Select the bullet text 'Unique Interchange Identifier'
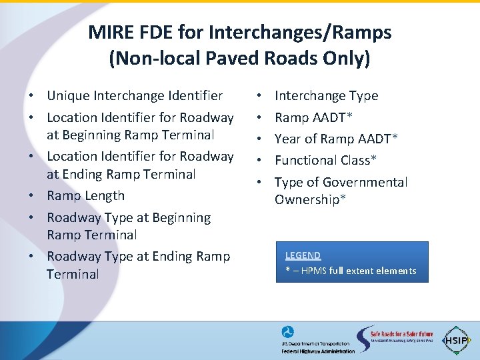[135, 96]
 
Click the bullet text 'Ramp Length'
[85, 195]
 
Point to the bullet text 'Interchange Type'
[326, 96]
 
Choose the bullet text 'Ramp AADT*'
[313, 118]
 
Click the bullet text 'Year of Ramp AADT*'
[336, 139]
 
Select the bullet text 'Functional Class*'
[325, 160]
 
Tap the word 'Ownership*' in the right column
[310, 199]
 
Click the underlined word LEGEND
[303, 255]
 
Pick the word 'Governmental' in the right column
[365, 182]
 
